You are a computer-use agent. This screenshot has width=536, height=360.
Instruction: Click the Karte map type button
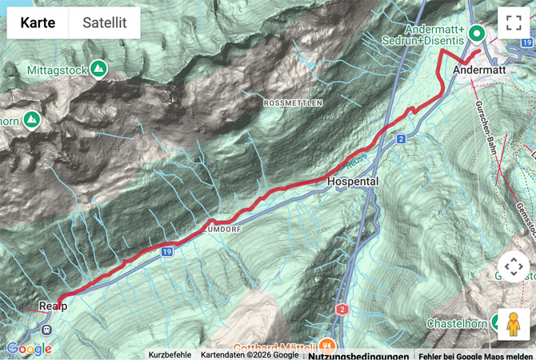point(38,22)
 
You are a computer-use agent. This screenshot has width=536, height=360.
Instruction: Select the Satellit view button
point(105,22)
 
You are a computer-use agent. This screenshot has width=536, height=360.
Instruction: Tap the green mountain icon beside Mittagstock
point(98,70)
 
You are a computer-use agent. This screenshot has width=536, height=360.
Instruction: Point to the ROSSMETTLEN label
point(292,103)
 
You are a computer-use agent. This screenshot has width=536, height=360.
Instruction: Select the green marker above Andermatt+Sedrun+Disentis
point(477,33)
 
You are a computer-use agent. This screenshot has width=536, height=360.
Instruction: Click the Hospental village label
point(353,182)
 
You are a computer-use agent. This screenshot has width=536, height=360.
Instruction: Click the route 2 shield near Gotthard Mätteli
point(342,309)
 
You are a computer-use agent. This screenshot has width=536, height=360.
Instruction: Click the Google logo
point(29,349)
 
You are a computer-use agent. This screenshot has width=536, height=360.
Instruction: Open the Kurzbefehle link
point(170,354)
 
